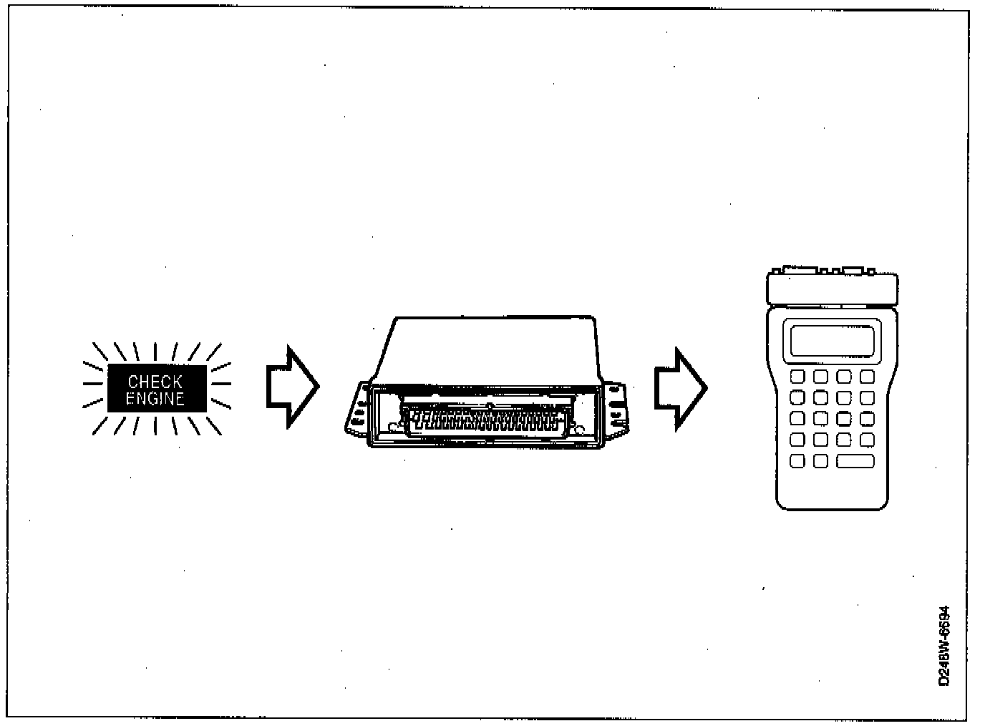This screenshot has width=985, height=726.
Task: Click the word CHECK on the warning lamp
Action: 155,382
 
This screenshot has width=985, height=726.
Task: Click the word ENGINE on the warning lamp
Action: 155,398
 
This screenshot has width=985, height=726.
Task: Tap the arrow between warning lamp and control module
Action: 291,387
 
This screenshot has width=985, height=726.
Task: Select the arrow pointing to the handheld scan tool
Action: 679,389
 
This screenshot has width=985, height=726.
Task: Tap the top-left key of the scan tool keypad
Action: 797,377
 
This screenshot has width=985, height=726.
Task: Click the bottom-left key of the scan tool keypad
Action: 797,461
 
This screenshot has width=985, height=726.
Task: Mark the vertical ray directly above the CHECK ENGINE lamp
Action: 155,352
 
